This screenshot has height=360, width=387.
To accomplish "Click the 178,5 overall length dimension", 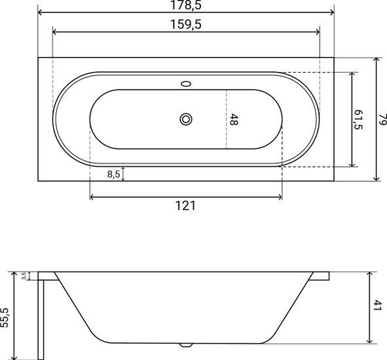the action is tap(186, 5).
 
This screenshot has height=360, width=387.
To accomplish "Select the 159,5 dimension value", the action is tap(186, 24).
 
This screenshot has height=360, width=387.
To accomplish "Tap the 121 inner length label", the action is tap(185, 206).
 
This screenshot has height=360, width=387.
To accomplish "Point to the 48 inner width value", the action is tap(234, 119).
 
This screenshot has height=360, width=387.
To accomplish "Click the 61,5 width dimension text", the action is tap(358, 120).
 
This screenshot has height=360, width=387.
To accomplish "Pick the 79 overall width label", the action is tap(382, 119).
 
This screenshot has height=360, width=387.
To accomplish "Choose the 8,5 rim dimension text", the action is tap(113, 174).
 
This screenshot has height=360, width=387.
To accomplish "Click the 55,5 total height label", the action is tap(5, 317).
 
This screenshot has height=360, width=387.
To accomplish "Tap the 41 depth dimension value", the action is tap(377, 305).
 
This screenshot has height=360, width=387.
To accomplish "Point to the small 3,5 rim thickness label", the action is tap(24, 276).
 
